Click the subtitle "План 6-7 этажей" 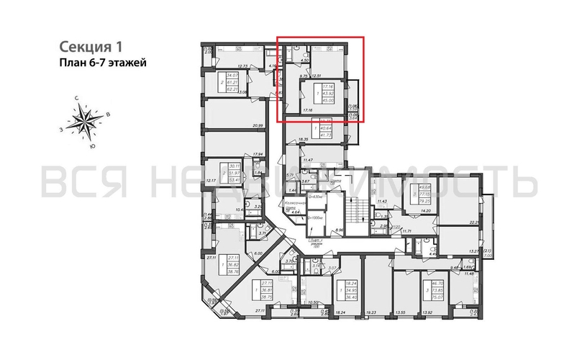tap(101, 63)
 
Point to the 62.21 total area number tap(232, 90)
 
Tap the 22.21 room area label tap(473, 224)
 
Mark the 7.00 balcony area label tap(487, 256)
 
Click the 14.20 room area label tap(426, 211)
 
